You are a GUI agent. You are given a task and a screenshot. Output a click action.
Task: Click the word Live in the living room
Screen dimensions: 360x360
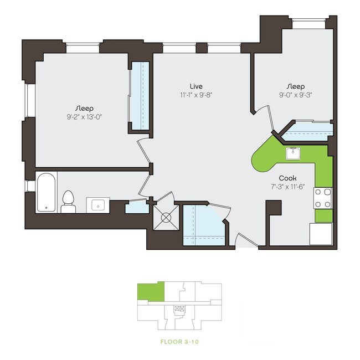tap(196, 86)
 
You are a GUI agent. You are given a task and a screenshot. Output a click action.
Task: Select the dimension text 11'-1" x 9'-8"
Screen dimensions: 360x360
tap(196, 95)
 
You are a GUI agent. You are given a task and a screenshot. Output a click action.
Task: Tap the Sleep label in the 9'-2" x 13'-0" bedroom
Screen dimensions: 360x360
tap(84, 108)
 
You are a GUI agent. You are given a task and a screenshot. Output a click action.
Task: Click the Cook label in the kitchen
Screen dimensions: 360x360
tap(287, 178)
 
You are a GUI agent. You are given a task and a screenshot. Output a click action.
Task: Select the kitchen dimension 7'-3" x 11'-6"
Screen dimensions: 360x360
tap(287, 187)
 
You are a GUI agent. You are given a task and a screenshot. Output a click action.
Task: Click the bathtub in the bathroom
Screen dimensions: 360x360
tap(46, 192)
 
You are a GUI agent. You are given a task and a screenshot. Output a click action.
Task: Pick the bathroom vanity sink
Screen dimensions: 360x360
tap(98, 205)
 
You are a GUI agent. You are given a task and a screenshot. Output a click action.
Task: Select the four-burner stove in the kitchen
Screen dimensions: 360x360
tap(323, 198)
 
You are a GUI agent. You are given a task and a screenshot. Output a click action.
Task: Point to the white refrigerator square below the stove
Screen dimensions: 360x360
tap(321, 233)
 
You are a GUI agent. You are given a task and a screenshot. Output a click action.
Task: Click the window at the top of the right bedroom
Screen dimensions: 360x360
tap(307, 23)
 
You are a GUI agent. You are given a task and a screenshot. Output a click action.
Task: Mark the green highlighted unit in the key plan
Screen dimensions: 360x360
tap(151, 292)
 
